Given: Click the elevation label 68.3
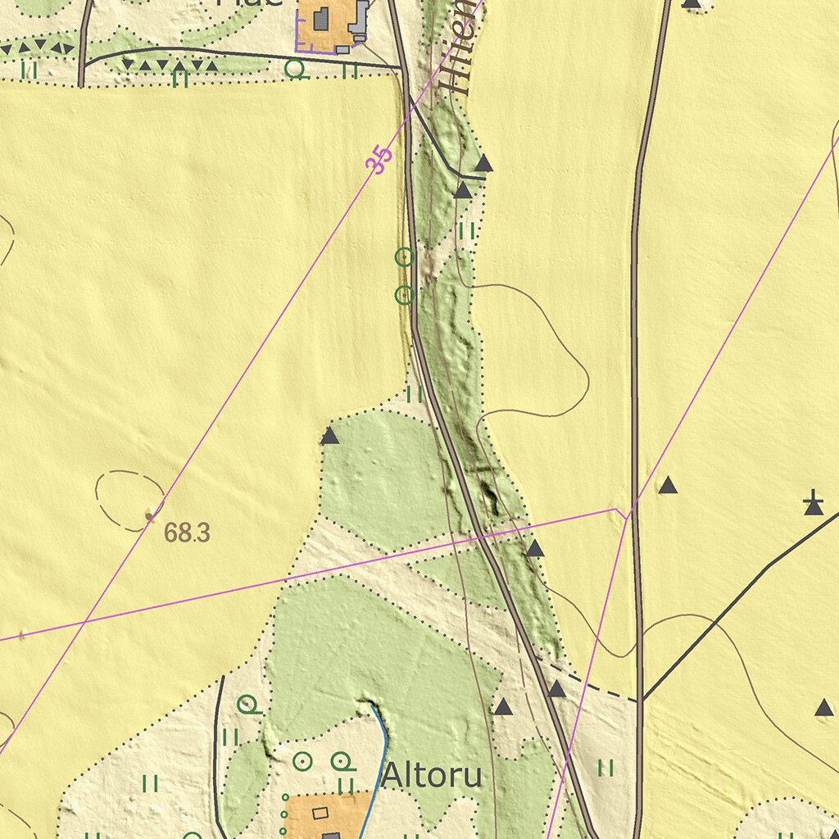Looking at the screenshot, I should (187, 533).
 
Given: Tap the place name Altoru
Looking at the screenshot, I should (432, 775).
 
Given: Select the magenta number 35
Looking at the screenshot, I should (379, 160).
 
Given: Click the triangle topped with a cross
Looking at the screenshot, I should (813, 505).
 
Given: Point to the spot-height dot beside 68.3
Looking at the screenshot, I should (149, 516).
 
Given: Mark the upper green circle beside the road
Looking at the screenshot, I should (404, 257).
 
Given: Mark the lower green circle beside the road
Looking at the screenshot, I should (404, 295).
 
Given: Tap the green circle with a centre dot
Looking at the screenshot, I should (303, 762).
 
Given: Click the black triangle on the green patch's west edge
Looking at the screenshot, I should (329, 436).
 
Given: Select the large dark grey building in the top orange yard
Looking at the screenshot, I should (321, 18).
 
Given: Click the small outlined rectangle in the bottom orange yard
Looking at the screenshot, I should (320, 812).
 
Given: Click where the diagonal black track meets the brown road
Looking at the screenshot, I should (642, 700).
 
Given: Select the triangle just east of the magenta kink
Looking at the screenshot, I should (669, 486).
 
